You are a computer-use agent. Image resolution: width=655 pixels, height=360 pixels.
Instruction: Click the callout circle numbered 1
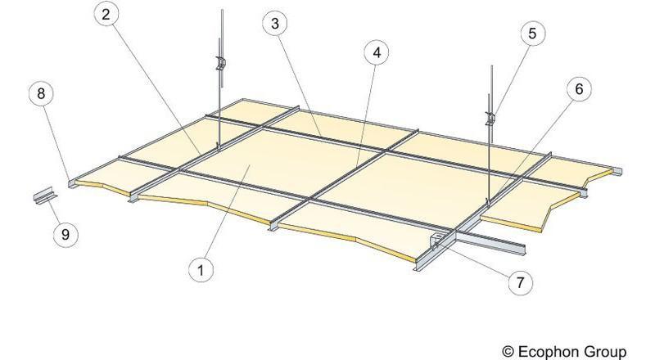tap(201, 270)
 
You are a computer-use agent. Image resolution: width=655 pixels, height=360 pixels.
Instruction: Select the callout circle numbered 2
tap(106, 14)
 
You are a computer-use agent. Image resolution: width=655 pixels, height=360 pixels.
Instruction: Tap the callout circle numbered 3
tap(274, 24)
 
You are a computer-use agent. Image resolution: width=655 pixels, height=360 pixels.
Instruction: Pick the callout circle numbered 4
tap(377, 53)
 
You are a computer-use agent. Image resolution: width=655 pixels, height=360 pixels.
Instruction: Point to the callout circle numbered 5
tap(532, 33)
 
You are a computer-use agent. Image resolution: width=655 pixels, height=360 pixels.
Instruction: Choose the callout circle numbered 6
tap(579, 88)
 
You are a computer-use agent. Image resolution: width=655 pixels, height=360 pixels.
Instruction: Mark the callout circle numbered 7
tap(520, 282)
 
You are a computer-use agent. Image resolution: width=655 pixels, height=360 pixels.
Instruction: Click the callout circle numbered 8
tap(41, 93)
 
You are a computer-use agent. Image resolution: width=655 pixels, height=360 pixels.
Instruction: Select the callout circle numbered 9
tap(65, 234)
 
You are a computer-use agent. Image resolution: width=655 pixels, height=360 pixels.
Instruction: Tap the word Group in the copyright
tap(604, 351)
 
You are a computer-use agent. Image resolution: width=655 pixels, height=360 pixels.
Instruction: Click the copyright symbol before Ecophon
tap(508, 351)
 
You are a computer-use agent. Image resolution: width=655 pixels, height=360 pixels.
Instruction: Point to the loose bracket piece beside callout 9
tap(43, 196)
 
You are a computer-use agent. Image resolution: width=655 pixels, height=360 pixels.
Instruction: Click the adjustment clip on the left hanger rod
tap(220, 63)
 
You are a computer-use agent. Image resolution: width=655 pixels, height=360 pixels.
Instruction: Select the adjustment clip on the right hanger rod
tap(490, 118)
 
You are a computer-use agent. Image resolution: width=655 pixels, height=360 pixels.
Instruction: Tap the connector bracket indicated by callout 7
tap(436, 241)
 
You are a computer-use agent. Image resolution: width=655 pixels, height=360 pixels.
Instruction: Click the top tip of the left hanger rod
tap(222, 11)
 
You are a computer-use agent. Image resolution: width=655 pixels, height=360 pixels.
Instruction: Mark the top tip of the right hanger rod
tap(492, 66)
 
